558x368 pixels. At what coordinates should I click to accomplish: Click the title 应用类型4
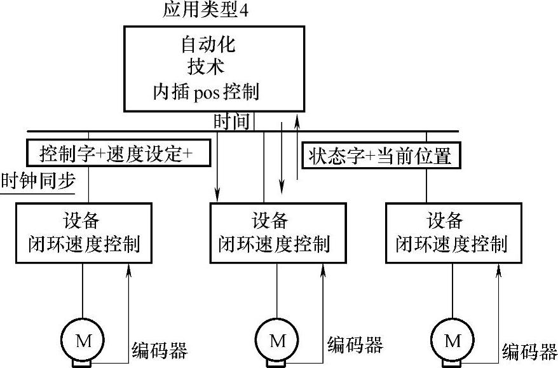point(201,11)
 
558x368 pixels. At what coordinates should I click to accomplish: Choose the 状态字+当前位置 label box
point(379,156)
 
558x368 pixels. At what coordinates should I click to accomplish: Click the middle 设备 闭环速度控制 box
point(279,233)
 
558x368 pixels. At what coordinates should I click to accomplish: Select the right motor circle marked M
point(453,341)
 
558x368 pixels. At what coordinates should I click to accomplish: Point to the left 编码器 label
point(160,350)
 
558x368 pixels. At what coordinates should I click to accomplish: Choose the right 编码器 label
point(529,351)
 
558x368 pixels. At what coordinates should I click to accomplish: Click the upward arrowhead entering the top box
point(297,119)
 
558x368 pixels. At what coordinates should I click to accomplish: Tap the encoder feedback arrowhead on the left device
point(129,270)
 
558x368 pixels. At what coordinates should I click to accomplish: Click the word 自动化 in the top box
point(208,46)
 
